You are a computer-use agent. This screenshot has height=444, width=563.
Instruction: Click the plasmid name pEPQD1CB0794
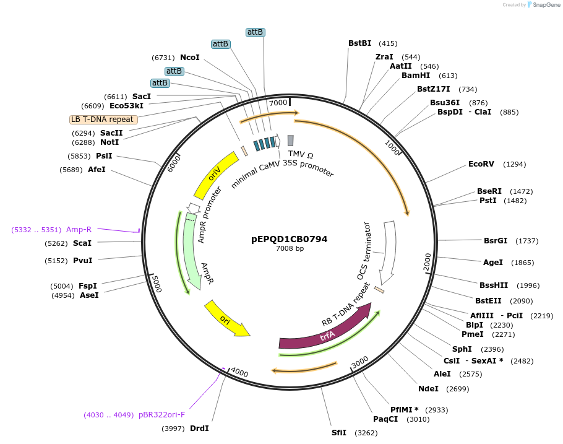tap(290, 239)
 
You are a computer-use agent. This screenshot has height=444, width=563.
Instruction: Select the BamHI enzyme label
tap(416, 76)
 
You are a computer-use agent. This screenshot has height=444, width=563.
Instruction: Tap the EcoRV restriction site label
tap(481, 164)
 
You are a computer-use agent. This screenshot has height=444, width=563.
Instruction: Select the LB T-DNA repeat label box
tap(103, 120)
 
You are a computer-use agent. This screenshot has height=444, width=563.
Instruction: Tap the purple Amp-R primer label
tap(79, 229)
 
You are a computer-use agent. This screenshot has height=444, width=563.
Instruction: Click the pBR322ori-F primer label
tap(161, 415)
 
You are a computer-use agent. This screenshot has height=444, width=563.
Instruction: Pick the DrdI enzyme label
tap(199, 429)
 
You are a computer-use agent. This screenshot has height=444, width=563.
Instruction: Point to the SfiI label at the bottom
tap(339, 433)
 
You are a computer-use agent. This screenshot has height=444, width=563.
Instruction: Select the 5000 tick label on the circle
tap(156, 285)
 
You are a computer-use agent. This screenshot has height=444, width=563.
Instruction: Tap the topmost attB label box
tap(256, 32)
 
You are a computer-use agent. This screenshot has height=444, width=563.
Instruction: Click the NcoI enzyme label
tap(190, 58)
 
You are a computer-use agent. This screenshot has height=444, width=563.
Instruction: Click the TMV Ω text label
tap(301, 154)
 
